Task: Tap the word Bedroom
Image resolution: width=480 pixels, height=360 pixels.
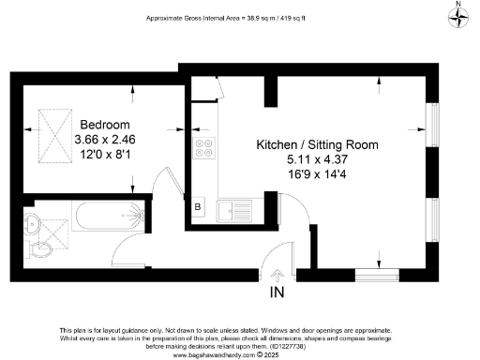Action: click(x=104, y=125)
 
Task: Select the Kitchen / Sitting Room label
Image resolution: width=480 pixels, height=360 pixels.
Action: click(x=318, y=145)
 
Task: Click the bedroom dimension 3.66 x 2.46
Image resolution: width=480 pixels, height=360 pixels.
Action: click(x=104, y=139)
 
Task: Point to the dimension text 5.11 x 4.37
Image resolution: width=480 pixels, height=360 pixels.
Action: click(x=318, y=160)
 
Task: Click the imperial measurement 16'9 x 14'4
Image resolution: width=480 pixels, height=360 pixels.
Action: click(x=318, y=174)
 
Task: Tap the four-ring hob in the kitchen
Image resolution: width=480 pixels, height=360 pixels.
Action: click(x=202, y=148)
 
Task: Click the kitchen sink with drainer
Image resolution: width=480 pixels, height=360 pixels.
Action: click(x=231, y=206)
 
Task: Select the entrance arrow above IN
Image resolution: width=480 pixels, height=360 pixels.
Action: click(x=277, y=275)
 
